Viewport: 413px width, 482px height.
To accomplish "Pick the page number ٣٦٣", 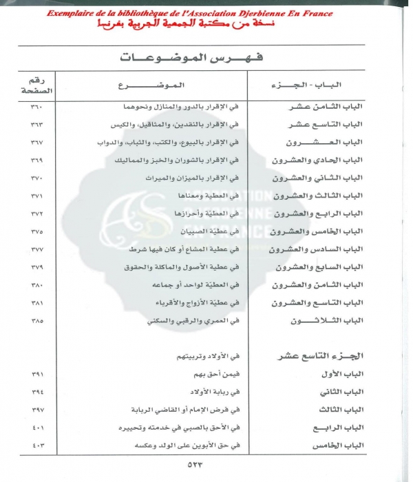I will (x=34, y=125).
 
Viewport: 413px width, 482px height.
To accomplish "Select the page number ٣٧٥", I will (x=34, y=231).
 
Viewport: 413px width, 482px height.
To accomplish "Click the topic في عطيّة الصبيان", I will (x=211, y=231).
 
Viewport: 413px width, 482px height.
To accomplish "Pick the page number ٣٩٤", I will (x=34, y=392).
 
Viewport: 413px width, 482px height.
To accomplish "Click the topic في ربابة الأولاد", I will (x=209, y=392).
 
